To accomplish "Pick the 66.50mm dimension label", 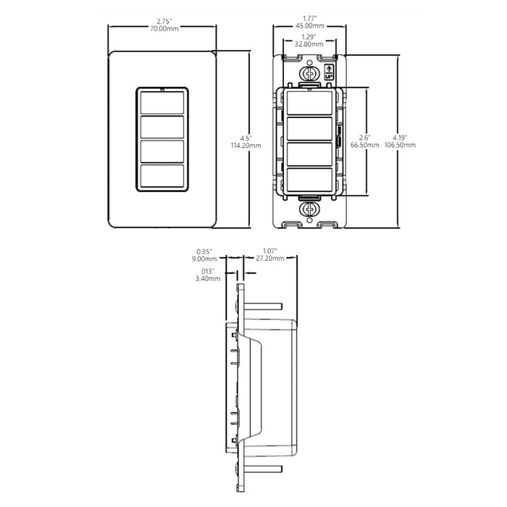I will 364,144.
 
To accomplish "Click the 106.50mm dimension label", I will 403,144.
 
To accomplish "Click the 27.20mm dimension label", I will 271,259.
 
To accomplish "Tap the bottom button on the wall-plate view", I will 162,177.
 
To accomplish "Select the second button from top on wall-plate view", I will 162,127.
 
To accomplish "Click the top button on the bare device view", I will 310,103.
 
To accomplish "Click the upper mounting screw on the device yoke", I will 310,75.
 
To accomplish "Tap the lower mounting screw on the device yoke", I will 310,209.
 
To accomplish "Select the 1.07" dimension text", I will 271,251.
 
